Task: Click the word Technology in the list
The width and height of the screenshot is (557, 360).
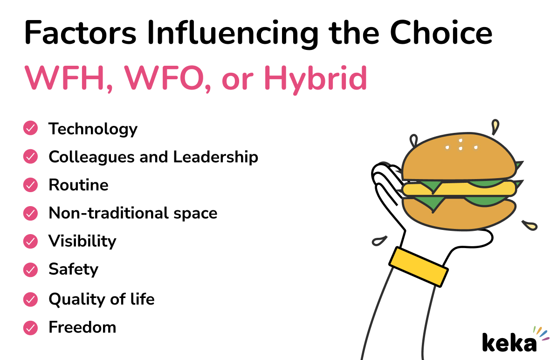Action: point(93,129)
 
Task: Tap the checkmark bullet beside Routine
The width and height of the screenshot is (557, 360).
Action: point(30,185)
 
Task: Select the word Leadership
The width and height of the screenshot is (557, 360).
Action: point(216,157)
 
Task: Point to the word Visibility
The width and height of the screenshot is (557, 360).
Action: point(82,241)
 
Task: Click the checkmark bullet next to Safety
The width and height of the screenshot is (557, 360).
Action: point(30,269)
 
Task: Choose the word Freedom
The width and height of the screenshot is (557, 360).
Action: point(82,327)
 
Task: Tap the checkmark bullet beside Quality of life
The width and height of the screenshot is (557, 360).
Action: point(30,298)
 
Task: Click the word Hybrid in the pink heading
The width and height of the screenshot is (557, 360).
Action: point(316,79)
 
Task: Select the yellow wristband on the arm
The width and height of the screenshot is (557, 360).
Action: point(419,266)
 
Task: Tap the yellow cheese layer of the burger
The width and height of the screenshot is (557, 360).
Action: point(459,188)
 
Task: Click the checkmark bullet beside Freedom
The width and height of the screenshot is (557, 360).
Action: point(30,327)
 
